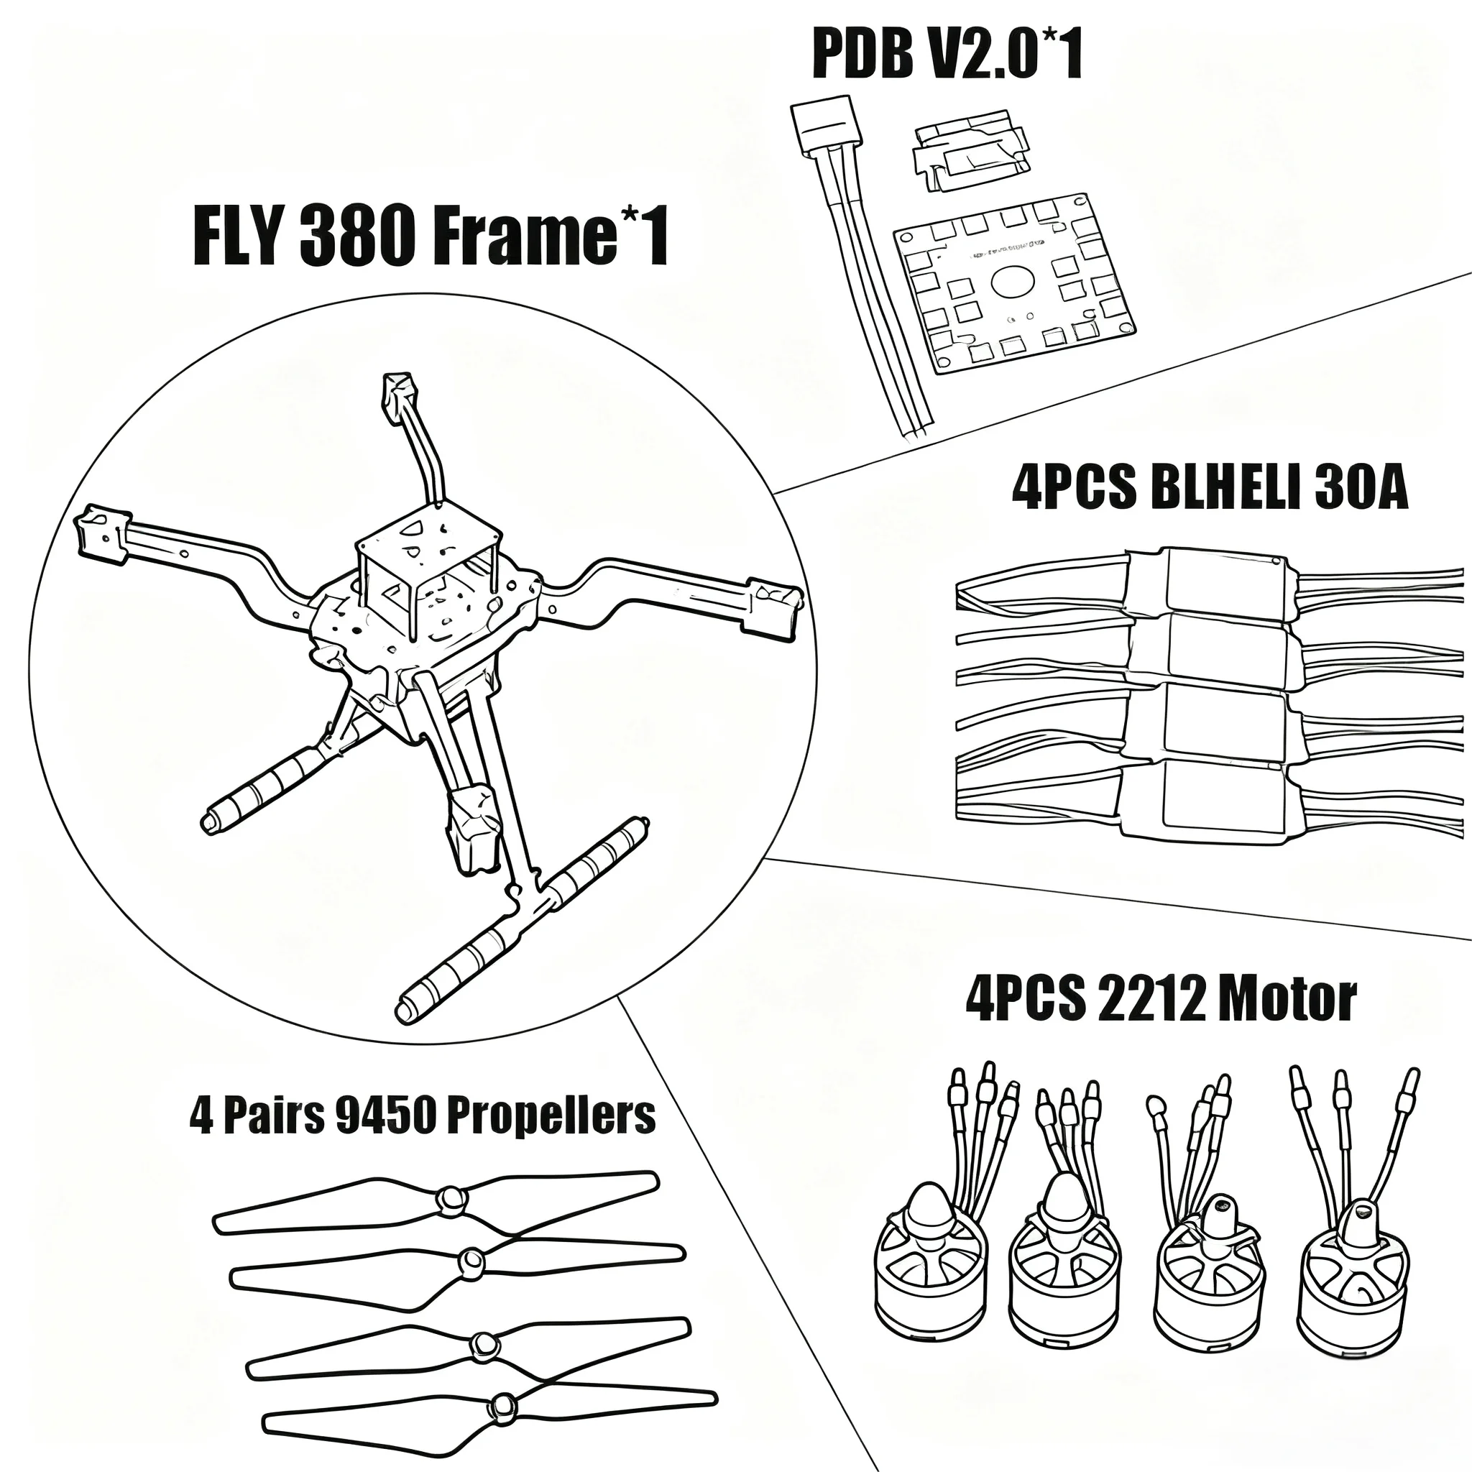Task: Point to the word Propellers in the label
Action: pos(550,1116)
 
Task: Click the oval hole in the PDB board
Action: pos(1014,281)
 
